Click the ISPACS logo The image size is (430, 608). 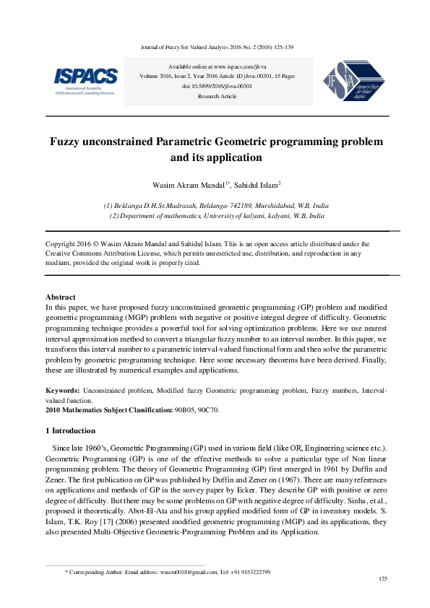(x=85, y=80)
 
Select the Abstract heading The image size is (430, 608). (x=61, y=297)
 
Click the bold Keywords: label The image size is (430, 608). (x=62, y=390)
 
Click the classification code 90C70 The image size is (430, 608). (x=207, y=409)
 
